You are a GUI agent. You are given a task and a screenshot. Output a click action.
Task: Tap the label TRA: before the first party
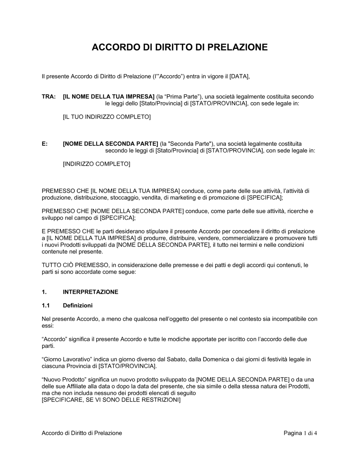coord(49,97)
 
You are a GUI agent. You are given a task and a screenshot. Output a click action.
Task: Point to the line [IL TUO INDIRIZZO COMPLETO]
coord(107,117)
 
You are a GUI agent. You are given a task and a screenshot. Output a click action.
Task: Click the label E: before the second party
coord(45,144)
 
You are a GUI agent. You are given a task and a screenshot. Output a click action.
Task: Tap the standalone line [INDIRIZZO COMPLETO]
coord(96,164)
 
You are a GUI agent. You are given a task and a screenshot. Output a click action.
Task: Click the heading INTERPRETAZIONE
coord(90,292)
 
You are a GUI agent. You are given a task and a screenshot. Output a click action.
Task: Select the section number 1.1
coord(45,305)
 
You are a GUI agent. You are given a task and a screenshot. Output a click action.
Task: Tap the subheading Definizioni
coord(77,305)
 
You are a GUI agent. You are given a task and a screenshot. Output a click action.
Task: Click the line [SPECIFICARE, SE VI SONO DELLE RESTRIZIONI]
coord(111,400)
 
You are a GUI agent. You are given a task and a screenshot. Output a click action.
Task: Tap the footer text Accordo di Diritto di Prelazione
coord(82,433)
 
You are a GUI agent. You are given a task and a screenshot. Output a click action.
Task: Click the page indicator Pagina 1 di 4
coord(300,433)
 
